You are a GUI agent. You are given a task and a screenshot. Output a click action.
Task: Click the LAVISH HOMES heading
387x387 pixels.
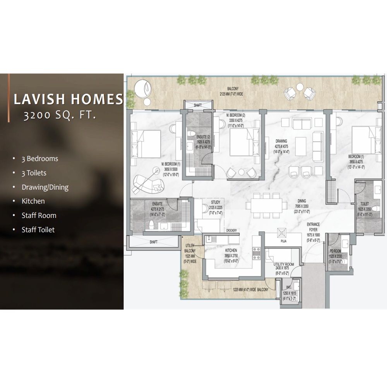pos(68,99)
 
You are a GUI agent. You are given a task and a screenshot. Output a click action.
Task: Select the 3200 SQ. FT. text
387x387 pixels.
pos(59,115)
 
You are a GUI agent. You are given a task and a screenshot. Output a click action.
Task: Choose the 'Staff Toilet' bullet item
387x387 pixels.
pos(38,229)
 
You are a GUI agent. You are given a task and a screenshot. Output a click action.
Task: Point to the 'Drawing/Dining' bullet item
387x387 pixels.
pos(45,187)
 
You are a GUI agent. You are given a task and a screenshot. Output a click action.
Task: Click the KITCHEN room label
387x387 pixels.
pos(231,250)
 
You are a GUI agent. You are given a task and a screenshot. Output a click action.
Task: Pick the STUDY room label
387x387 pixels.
pos(216,202)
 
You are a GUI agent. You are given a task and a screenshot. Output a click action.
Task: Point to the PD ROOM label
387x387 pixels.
pos(335,251)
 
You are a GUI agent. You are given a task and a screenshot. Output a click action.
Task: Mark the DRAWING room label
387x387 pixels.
pos(281,141)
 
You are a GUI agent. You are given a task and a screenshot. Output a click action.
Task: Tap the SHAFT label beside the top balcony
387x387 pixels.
pos(198,105)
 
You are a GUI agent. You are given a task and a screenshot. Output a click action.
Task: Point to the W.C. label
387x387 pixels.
pos(288,288)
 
